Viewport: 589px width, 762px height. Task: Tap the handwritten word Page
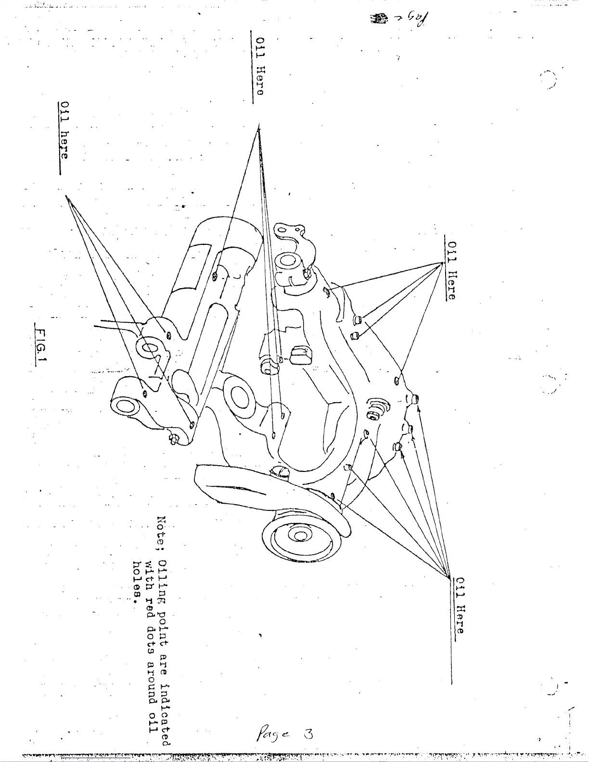coord(270,735)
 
